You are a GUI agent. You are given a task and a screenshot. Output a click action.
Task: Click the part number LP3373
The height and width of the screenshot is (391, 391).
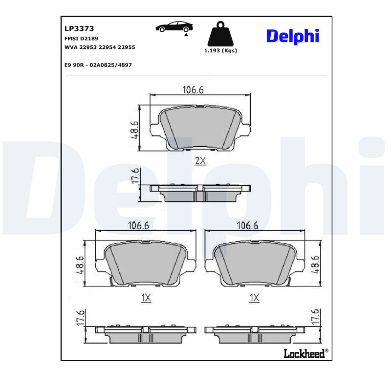pos(76,29)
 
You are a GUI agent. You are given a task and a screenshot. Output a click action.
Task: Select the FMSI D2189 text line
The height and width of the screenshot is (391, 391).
pos(81,38)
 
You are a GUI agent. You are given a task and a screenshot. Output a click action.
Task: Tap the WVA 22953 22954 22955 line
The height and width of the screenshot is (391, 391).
pos(100,47)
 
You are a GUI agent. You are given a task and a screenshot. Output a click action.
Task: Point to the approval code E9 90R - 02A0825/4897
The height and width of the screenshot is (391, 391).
pos(98,65)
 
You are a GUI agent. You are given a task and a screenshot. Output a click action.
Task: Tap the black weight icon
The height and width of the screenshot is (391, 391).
pos(220,34)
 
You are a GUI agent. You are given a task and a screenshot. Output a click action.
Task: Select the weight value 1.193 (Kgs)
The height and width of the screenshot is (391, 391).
pos(220,51)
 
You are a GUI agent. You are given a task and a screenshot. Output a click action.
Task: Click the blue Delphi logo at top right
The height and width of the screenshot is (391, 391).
pos(292,36)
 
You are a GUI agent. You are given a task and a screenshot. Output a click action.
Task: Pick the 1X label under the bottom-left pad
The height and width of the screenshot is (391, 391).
pos(146,298)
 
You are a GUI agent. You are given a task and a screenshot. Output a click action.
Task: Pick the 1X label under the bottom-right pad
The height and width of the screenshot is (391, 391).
pos(254,298)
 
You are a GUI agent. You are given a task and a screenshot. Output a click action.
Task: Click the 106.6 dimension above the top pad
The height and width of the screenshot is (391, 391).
pos(193,89)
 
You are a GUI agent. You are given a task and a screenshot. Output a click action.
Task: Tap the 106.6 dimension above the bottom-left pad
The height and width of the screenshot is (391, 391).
pos(138,225)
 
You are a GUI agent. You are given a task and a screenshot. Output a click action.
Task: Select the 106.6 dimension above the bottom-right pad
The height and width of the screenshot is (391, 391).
pos(247,225)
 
